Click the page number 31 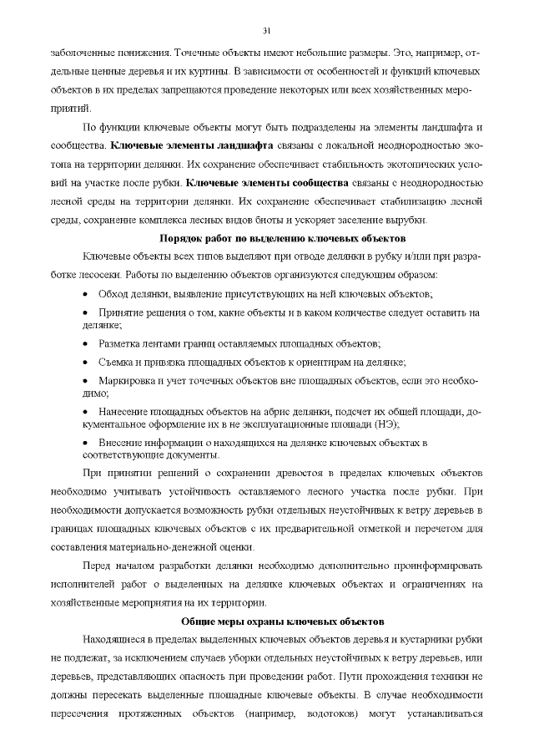[267, 32]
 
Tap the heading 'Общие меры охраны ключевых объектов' [283, 622]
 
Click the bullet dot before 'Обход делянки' [88, 295]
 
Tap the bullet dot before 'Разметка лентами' [88, 343]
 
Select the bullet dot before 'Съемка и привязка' [88, 362]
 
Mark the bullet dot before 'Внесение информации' [88, 442]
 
